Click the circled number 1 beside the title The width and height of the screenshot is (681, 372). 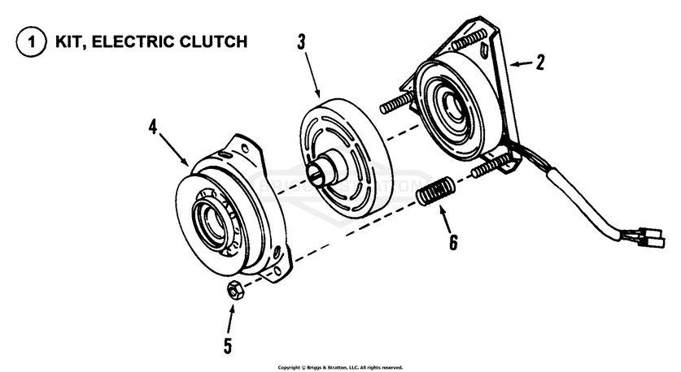29,42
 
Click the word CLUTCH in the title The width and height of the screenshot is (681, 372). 207,41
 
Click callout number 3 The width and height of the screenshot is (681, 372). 302,42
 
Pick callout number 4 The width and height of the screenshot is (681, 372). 153,127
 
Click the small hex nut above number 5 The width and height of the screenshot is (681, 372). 233,290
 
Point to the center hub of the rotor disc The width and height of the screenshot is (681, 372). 323,170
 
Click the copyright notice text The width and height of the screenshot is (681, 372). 340,367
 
